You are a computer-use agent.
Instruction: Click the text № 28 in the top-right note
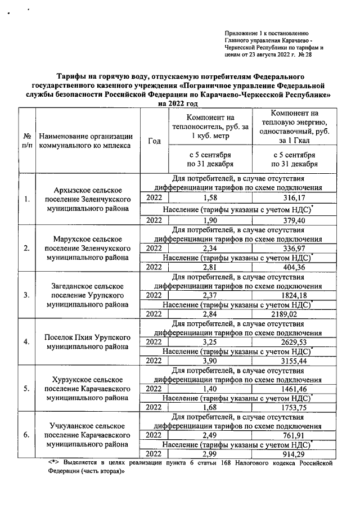coord(305,55)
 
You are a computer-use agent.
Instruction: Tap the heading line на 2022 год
coord(180,103)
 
